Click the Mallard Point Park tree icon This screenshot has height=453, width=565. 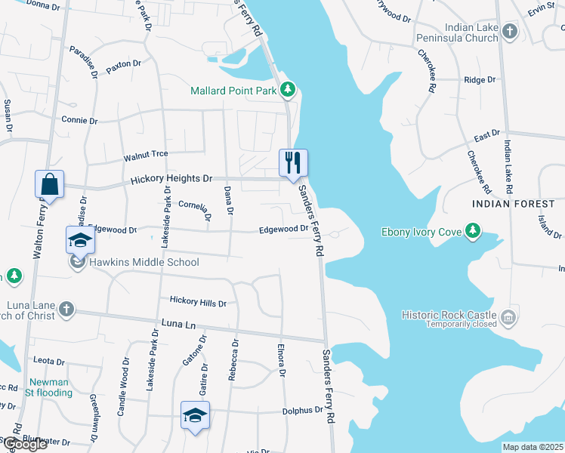(287, 91)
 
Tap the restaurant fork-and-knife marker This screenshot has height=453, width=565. (293, 162)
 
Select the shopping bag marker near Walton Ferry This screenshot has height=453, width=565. (49, 183)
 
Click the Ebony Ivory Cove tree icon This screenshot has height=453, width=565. (473, 231)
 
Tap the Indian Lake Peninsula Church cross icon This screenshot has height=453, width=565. (510, 32)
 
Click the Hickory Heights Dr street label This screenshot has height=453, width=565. (171, 179)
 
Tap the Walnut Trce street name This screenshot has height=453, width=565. (146, 154)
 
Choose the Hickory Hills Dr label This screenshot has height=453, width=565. (198, 303)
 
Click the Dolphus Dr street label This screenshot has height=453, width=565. (302, 411)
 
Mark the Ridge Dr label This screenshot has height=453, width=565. (480, 79)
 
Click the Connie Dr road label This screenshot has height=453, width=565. (79, 120)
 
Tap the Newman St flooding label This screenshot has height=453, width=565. (50, 387)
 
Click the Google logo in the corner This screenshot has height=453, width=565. (24, 444)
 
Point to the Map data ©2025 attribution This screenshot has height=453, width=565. (533, 447)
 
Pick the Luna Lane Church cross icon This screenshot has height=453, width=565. (66, 309)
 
